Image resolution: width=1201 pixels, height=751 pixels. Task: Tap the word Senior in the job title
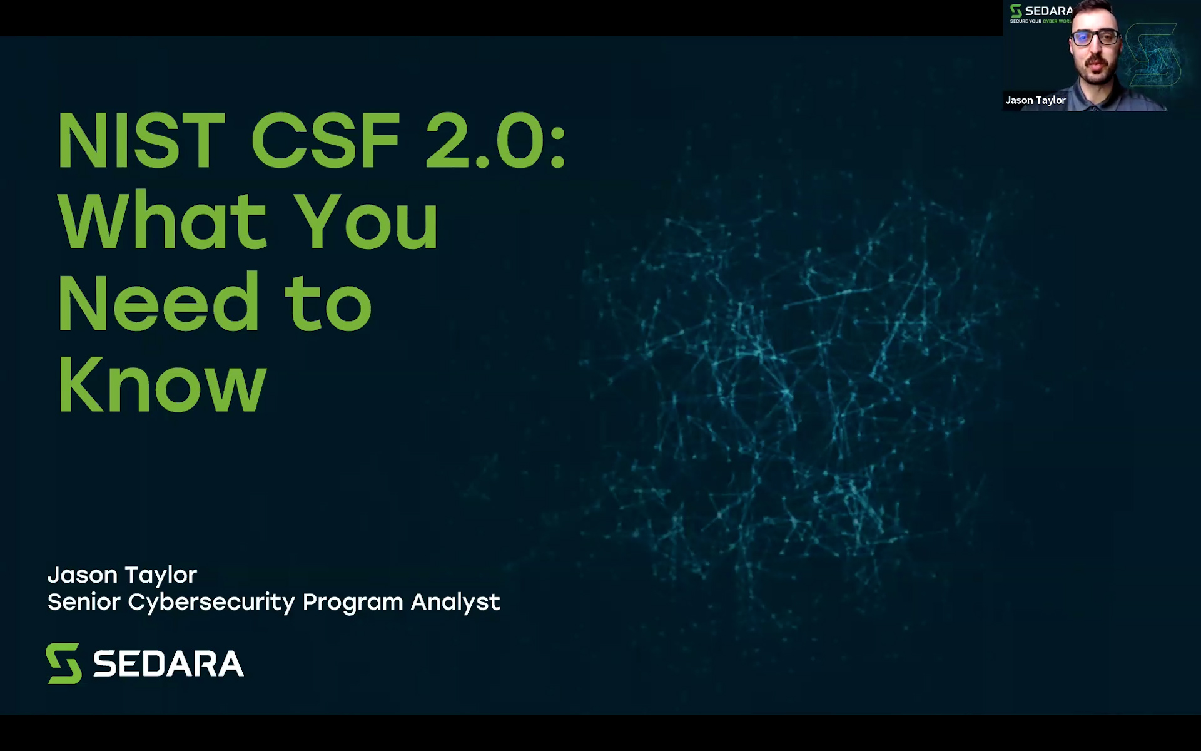tap(84, 601)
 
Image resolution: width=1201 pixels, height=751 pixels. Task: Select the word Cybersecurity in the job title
tap(211, 602)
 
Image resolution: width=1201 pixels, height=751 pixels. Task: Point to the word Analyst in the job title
tap(455, 603)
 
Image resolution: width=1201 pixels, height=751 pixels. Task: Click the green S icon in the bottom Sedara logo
tap(64, 663)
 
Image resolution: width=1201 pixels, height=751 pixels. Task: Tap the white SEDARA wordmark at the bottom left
tap(168, 663)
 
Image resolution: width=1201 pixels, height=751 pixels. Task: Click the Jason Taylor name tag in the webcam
tap(1035, 100)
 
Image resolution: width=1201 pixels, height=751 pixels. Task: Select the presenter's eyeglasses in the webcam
tap(1095, 37)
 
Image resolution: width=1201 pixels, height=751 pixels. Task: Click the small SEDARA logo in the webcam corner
tap(1041, 13)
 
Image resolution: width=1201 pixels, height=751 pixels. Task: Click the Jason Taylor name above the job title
tap(123, 575)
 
